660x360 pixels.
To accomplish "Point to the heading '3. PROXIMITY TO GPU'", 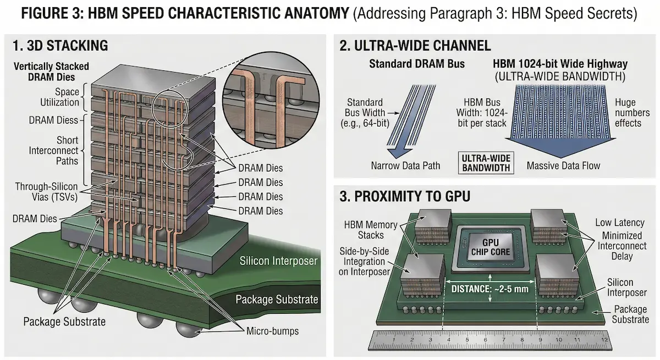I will click(x=404, y=196).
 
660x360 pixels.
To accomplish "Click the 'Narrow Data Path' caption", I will click(x=406, y=165).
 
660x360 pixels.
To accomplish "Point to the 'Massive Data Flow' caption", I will click(x=564, y=165).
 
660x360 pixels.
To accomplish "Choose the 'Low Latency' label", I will click(x=619, y=222).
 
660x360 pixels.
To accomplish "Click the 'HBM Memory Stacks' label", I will click(x=372, y=229).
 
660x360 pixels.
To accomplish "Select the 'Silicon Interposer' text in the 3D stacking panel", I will click(x=278, y=261).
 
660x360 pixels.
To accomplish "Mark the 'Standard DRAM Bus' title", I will click(x=417, y=64).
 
